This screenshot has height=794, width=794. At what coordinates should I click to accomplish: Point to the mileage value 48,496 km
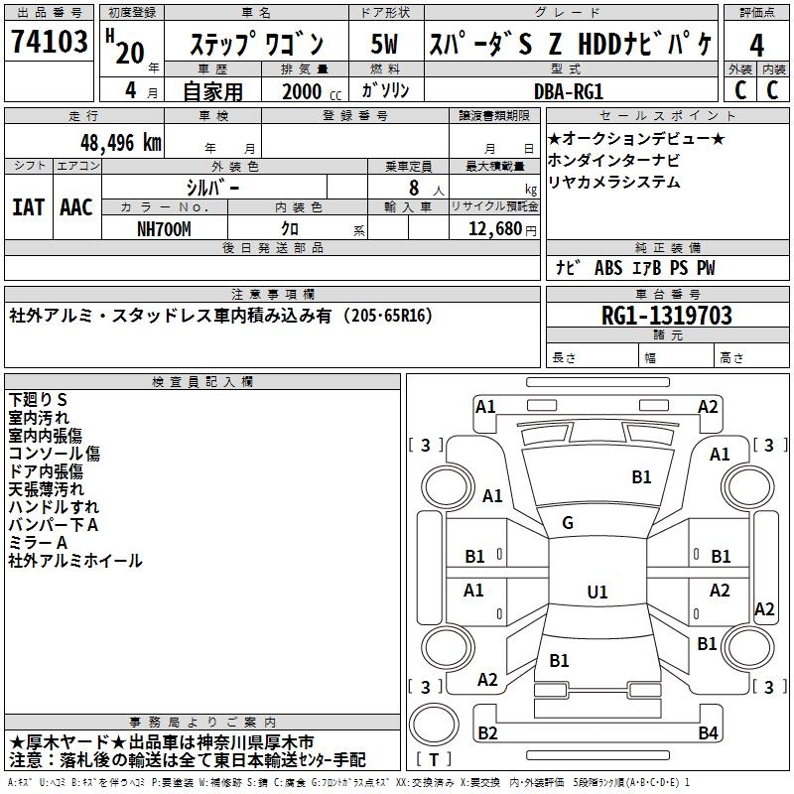coord(122,142)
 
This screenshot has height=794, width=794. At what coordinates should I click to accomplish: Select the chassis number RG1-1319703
coord(667,316)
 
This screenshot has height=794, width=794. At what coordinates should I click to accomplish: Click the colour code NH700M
coord(164,227)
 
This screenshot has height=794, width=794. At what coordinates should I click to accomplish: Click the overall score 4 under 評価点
coord(757,45)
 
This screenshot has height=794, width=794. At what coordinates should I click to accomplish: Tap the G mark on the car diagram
coord(568,523)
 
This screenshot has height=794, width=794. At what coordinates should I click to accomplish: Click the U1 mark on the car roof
coord(596,593)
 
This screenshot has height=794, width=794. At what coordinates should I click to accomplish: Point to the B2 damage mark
coord(487,733)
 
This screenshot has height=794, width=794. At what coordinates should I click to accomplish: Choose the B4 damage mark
coord(707,733)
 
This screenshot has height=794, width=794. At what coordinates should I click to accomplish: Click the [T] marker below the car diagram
coord(434,760)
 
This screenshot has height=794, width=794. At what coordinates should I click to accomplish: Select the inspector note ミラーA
coord(38,543)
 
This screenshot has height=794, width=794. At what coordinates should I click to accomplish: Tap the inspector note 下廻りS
coord(38,400)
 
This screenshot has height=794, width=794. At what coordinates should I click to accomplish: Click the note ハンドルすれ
coord(54,507)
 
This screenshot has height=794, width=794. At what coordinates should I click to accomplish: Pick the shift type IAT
coord(29,207)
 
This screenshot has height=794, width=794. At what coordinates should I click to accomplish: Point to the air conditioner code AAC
coord(76,207)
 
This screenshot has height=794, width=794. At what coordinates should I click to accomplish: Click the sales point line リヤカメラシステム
coord(613,182)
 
